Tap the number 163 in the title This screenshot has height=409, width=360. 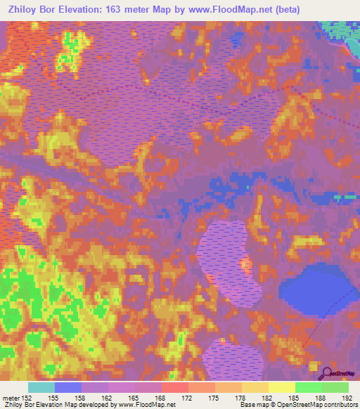click(x=120, y=10)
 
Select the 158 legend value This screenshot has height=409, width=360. click(x=82, y=398)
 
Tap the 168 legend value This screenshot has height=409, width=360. click(x=161, y=398)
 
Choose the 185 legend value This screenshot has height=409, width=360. click(x=295, y=398)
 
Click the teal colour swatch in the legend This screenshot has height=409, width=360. click(x=41, y=387)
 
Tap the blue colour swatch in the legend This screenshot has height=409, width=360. click(x=68, y=387)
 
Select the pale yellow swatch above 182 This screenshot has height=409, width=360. click(x=281, y=387)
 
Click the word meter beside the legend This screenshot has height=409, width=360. click(x=10, y=398)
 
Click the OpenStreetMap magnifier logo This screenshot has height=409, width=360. click(x=326, y=372)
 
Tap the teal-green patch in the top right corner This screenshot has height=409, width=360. click(x=340, y=31)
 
